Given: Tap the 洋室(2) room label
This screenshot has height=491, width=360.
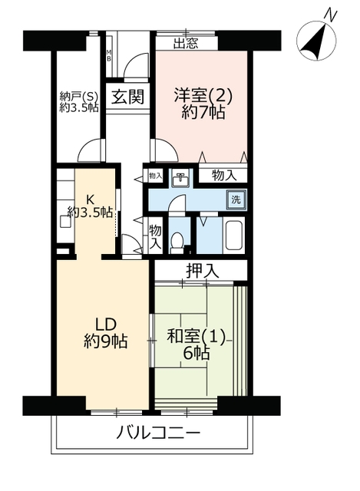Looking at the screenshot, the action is [x=203, y=96].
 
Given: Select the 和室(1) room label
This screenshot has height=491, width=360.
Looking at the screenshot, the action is [x=197, y=338].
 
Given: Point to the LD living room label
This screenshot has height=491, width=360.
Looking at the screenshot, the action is [x=106, y=325].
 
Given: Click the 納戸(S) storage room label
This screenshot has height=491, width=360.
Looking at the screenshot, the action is [x=79, y=96].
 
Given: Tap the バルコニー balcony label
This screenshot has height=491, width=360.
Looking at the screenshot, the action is [x=158, y=434].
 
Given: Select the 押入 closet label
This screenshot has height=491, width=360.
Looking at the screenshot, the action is [x=202, y=271].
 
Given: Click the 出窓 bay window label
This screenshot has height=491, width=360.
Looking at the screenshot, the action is [x=186, y=44].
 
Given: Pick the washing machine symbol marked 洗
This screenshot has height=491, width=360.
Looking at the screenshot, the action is [x=236, y=199].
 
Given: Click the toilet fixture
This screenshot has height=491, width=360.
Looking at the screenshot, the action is [x=177, y=242].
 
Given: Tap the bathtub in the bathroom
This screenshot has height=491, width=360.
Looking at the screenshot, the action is [x=234, y=236].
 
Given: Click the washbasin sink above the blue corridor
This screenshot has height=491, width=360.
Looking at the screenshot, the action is [x=180, y=180].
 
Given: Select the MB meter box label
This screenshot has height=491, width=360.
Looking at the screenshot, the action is [x=109, y=55].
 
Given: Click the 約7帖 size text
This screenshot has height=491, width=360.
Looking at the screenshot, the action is [x=203, y=112].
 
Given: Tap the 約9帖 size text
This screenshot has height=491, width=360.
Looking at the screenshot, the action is [x=106, y=341].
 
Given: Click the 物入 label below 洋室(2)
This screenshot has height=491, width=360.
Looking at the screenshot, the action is [x=223, y=176].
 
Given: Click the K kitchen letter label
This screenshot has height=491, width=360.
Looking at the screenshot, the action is [x=91, y=199].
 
